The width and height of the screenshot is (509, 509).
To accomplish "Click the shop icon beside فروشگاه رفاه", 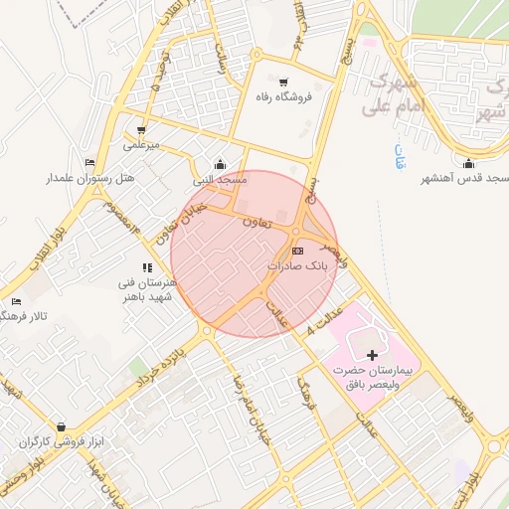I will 285,82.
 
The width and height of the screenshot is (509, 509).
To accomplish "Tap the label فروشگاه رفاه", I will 285,97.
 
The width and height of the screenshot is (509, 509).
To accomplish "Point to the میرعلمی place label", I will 141,146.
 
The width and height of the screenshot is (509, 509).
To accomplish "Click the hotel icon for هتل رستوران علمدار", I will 90,163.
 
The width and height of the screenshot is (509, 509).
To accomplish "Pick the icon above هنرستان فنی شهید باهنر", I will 147,267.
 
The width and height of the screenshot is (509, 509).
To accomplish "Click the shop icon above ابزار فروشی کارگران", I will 62,426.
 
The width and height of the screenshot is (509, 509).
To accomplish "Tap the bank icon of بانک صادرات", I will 298,251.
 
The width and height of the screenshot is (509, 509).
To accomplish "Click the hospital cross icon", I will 373,354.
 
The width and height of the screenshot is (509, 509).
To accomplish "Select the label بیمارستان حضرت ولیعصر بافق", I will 384,377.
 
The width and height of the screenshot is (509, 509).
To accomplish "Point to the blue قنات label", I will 401,157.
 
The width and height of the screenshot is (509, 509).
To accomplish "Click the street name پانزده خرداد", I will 161,364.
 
